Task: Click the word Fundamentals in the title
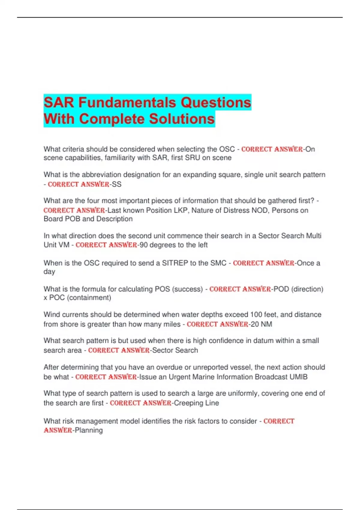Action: [x=127, y=103]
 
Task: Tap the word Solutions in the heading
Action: [x=182, y=119]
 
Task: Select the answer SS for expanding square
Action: [x=117, y=184]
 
